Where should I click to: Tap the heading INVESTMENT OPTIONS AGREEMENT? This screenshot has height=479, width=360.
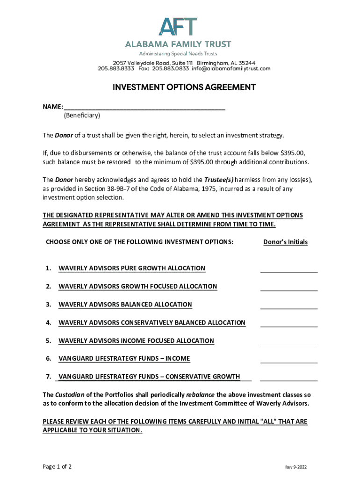pos(177,87)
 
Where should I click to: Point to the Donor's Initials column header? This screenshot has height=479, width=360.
pos(285,242)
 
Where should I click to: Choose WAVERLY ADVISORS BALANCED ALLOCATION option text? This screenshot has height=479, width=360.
pos(125,305)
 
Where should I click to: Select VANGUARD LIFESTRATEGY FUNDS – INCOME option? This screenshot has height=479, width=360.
pos(124,359)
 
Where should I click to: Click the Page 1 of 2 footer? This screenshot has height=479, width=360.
pos(57,467)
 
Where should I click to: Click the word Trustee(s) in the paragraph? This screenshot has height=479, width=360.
pos(218,180)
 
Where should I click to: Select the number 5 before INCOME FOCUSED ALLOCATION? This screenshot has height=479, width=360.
pos(48,341)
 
